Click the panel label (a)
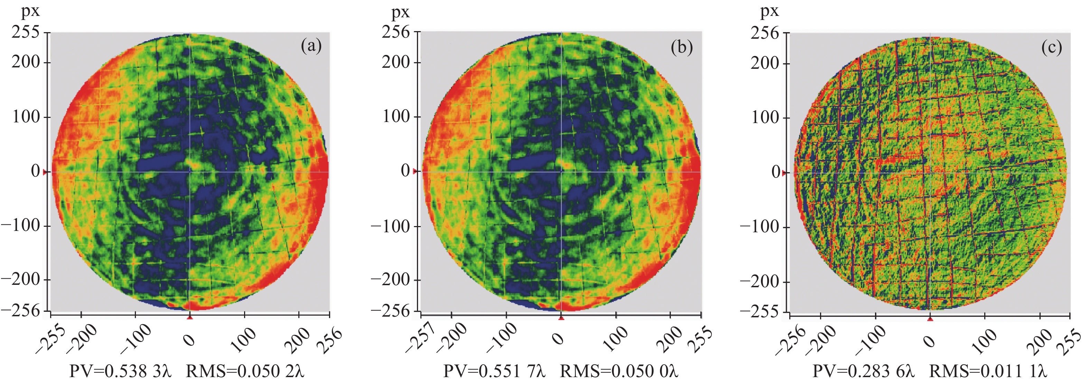[x=311, y=46]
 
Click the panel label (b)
[x=681, y=47]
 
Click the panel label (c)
[x=1051, y=48]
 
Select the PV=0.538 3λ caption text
[x=121, y=371]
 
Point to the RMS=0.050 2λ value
[x=245, y=371]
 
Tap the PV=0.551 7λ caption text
[x=494, y=371]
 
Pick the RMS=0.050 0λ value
[x=619, y=371]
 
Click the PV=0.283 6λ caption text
[x=863, y=371]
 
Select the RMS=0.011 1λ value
[x=988, y=371]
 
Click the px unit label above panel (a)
[x=30, y=11]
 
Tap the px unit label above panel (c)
[x=770, y=11]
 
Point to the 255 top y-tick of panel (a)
[x=25, y=32]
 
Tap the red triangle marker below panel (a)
[x=190, y=317]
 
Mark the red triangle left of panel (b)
[x=415, y=171]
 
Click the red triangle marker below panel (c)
[x=930, y=318]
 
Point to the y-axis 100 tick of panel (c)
[x=765, y=118]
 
